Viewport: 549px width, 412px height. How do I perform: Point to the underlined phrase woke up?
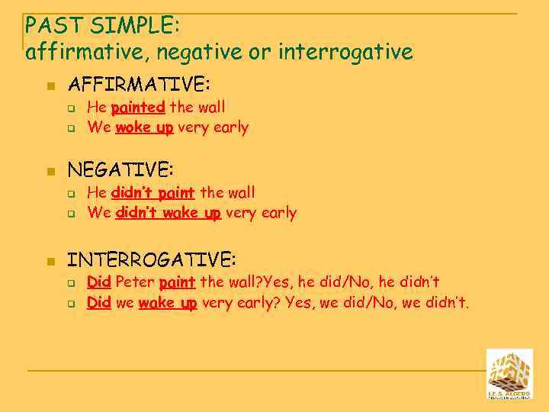coord(144,127)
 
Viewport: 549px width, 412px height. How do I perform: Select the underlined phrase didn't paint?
coord(152,192)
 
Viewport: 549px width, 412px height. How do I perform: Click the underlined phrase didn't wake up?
coord(168,213)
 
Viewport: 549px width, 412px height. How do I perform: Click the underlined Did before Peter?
coord(99,283)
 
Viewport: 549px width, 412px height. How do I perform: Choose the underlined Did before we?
coord(99,304)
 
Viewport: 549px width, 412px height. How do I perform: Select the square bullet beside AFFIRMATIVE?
coord(50,86)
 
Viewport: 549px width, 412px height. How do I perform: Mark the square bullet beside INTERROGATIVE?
coord(50,262)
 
